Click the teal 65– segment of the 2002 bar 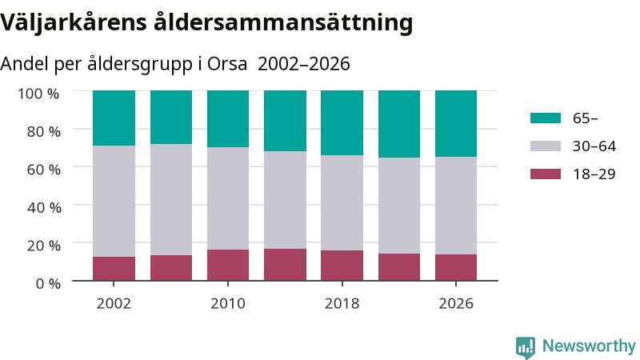[x=114, y=118]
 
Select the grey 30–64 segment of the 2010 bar [x=228, y=198]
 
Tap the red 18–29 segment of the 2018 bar [x=342, y=266]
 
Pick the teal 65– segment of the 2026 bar [x=456, y=124]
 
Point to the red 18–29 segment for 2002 [x=114, y=269]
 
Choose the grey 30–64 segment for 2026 [x=456, y=206]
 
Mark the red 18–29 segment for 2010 [x=228, y=266]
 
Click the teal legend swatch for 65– [x=546, y=118]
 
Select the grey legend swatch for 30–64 [x=546, y=146]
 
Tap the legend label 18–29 [x=594, y=174]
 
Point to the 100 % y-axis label [x=38, y=94]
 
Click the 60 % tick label [x=44, y=170]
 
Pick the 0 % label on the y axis [x=48, y=283]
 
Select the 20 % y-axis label [x=44, y=246]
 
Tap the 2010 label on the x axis [x=228, y=304]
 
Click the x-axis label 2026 [x=456, y=304]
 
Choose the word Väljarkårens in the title [x=74, y=22]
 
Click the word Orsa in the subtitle [x=227, y=64]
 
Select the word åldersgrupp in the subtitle [x=139, y=65]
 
